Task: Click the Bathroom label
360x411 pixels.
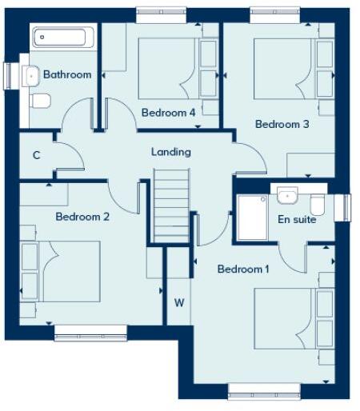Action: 67,74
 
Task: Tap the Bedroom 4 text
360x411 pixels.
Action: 168,113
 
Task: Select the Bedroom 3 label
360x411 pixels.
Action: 282,124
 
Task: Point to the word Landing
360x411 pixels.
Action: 170,152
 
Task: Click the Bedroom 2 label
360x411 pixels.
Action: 82,217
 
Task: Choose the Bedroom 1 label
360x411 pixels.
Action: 243,269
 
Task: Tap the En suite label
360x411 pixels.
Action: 297,219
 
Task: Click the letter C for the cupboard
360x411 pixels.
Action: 37,155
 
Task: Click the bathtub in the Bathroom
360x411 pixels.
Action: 62,38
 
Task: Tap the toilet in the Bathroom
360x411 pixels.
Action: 40,100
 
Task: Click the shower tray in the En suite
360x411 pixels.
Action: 254,217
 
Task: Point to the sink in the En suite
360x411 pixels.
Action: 286,194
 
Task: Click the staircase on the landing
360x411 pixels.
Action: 170,206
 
